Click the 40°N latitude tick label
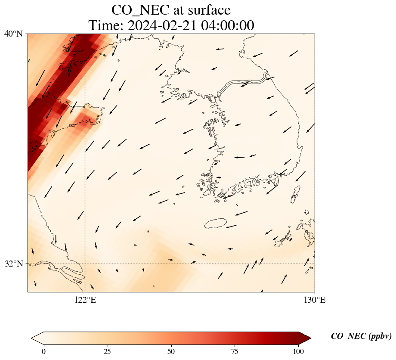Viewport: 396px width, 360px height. (x=13, y=34)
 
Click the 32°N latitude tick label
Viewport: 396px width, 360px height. (x=13, y=264)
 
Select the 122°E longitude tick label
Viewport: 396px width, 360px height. (x=85, y=300)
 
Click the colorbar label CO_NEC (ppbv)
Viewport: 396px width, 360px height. (x=361, y=337)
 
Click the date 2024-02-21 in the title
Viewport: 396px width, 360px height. (x=162, y=25)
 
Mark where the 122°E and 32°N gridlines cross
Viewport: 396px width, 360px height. (x=85, y=264)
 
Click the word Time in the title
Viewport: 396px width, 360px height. (x=106, y=25)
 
